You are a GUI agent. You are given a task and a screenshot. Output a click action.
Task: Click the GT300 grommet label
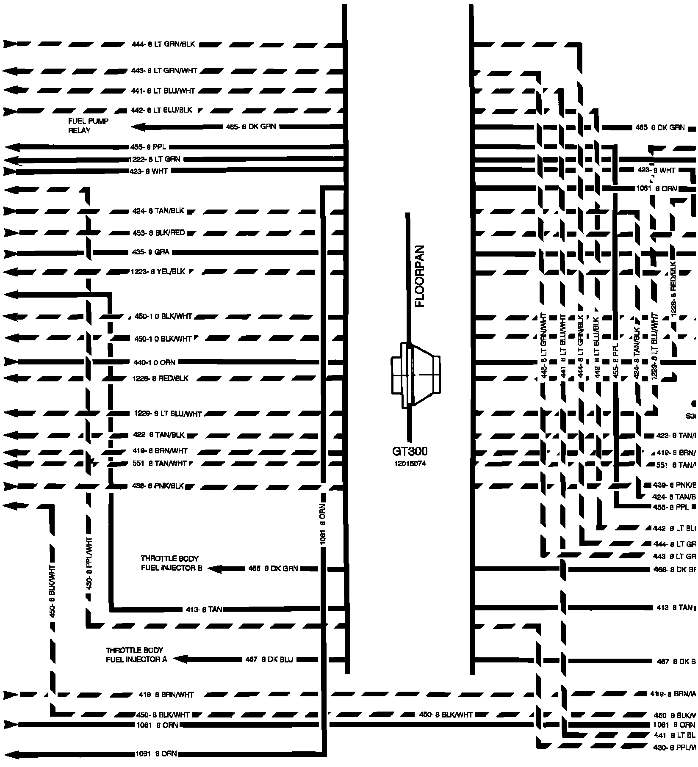[410, 452]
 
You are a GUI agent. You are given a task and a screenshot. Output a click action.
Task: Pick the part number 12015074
[410, 464]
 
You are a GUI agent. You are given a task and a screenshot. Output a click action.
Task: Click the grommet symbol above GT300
[415, 375]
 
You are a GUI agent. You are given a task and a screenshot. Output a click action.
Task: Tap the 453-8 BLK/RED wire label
[158, 233]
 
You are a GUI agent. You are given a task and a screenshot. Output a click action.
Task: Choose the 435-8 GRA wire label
[151, 252]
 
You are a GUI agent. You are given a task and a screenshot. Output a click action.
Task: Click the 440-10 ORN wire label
[155, 362]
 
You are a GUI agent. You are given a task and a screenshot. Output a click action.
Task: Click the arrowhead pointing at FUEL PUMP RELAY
[138, 127]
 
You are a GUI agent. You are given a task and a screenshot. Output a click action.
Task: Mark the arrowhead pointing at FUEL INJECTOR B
[214, 569]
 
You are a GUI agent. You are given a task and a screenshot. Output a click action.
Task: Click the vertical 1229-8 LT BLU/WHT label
[655, 346]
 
